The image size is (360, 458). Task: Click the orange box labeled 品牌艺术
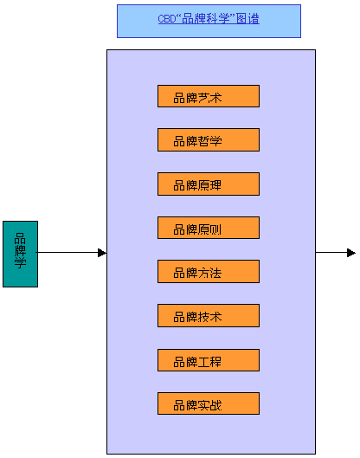[x=208, y=96]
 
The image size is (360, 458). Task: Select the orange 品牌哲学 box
[x=208, y=140]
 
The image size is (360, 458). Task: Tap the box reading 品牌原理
[x=208, y=184]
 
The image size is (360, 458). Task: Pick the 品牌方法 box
[x=208, y=272]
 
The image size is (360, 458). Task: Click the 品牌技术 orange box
[x=208, y=316]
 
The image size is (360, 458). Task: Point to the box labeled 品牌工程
[x=208, y=360]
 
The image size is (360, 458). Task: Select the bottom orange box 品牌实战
[x=208, y=404]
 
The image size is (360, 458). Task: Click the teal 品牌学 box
[x=20, y=254]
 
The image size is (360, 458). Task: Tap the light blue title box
[x=209, y=21]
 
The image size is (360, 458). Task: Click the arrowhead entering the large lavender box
[x=102, y=253]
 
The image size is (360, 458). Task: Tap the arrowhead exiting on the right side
[x=350, y=253]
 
